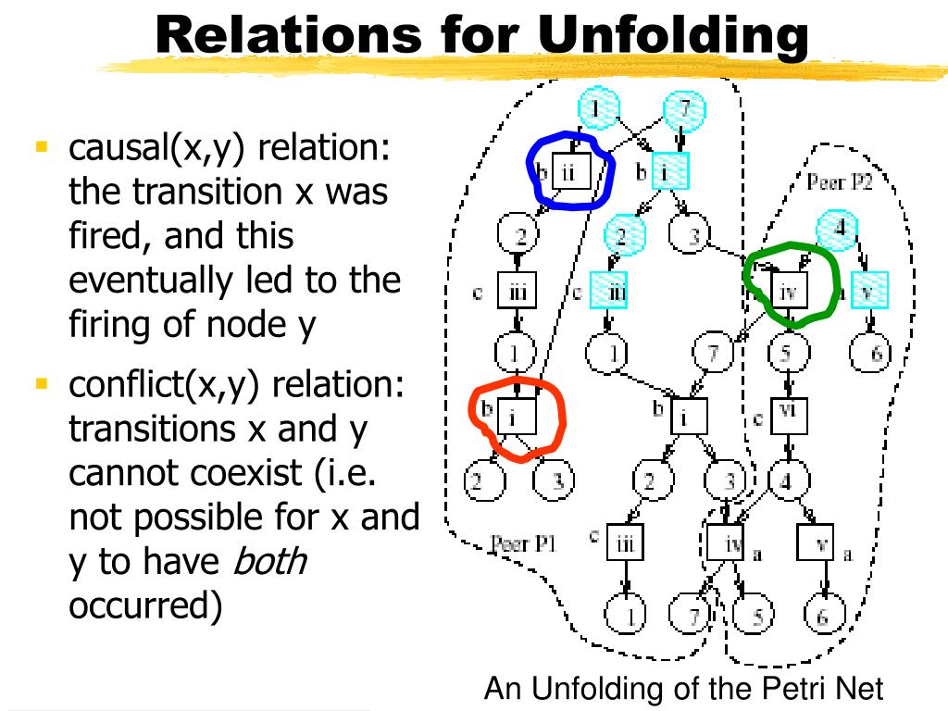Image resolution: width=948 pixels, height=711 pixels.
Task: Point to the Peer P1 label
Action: tap(523, 544)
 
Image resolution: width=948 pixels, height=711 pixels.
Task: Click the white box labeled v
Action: tap(817, 543)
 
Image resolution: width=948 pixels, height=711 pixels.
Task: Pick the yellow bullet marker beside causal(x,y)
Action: tap(41, 146)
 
